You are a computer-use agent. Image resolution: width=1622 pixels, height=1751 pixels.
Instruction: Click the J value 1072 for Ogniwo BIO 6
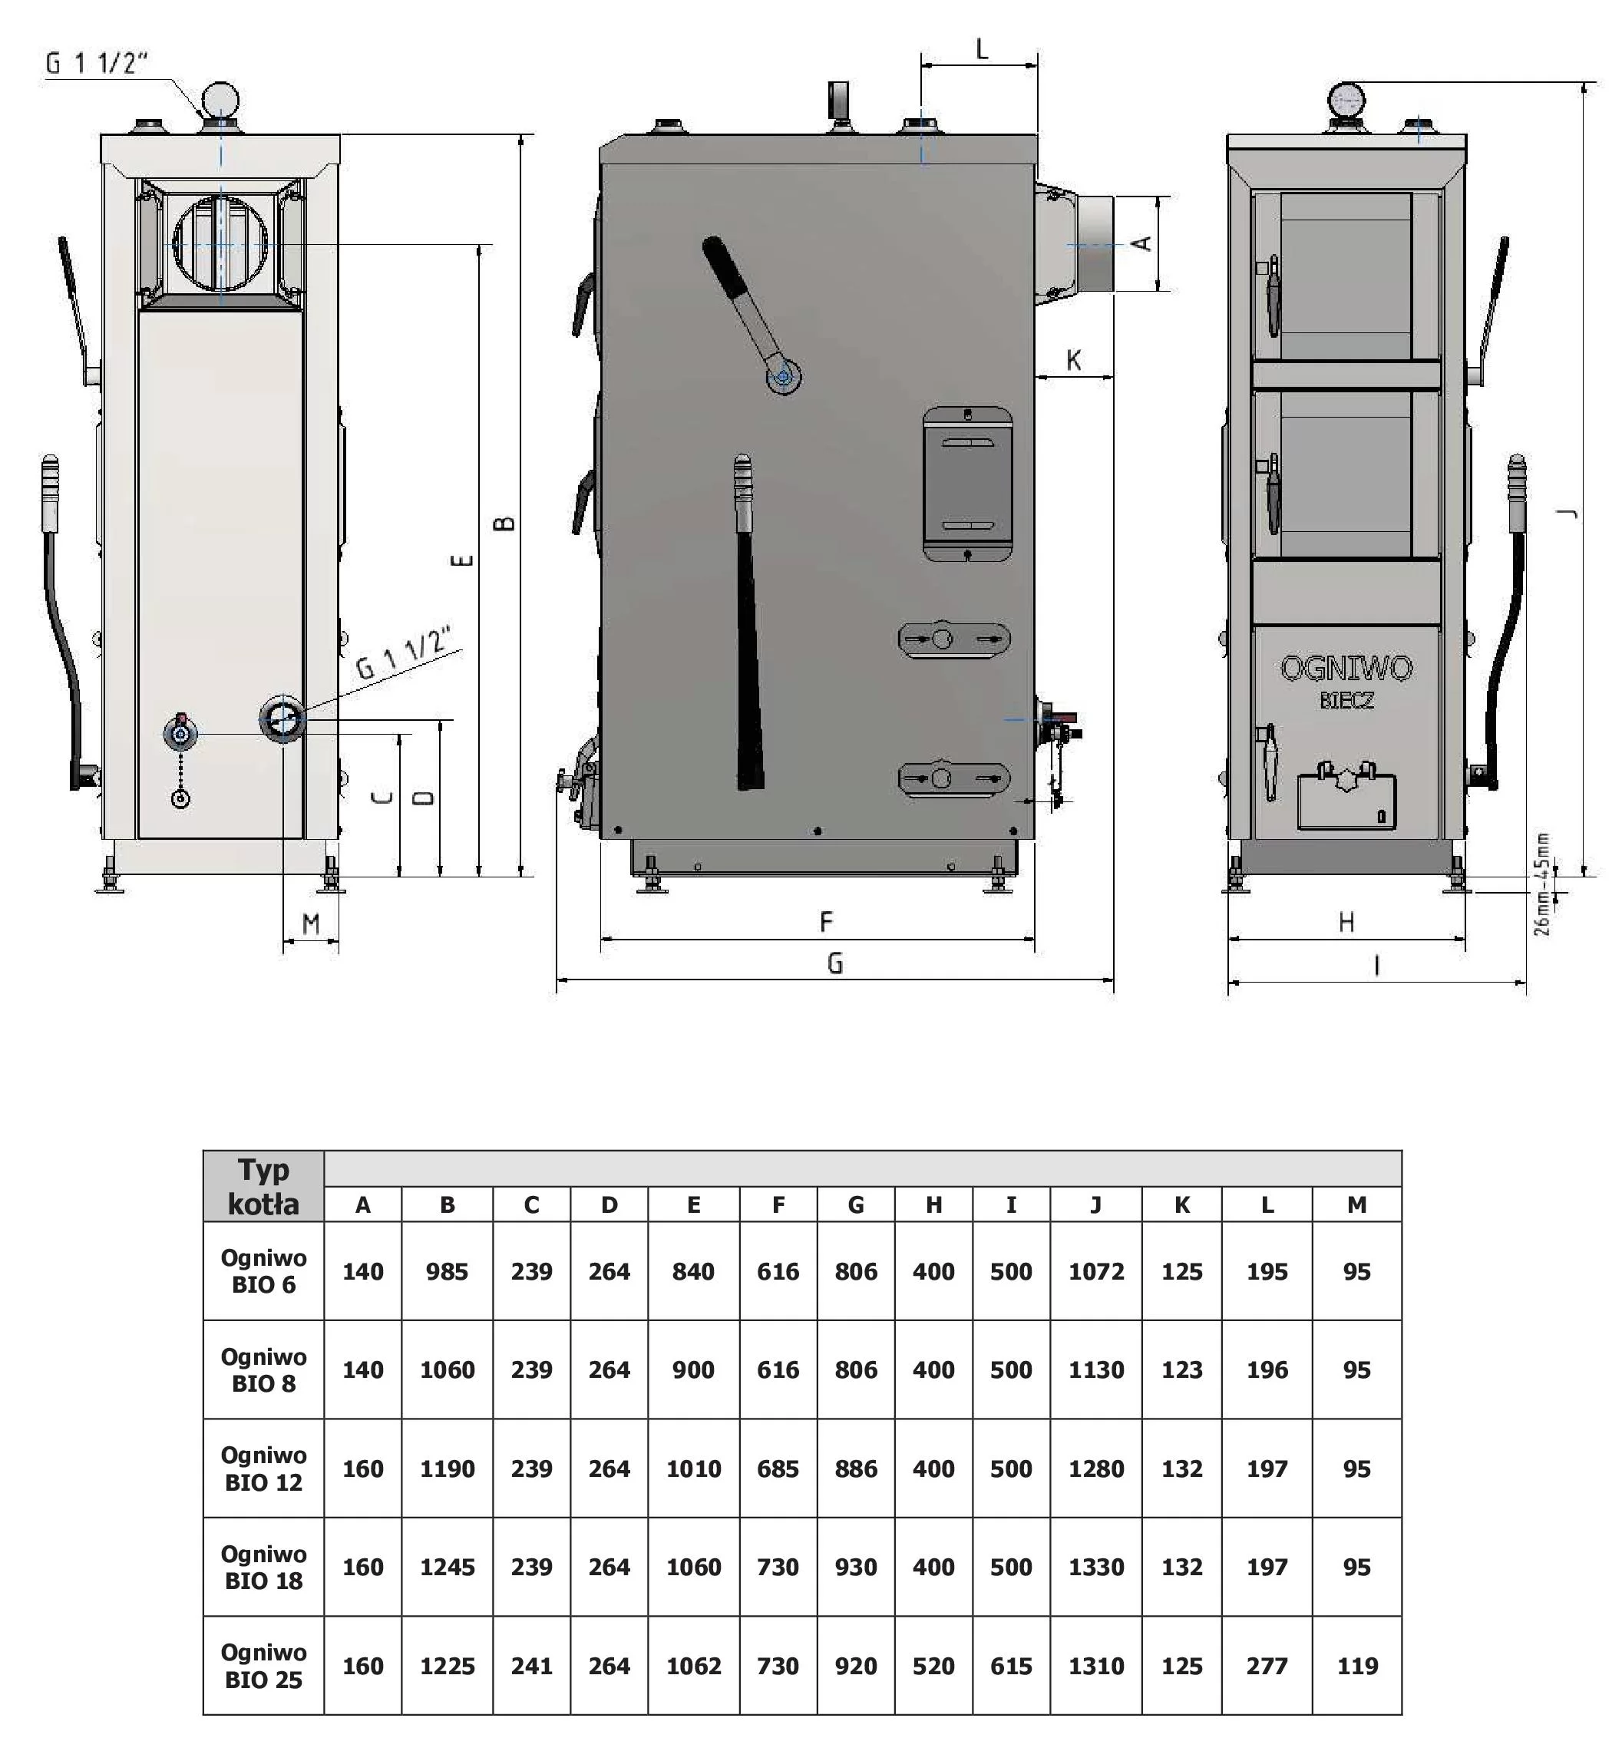[1096, 1272]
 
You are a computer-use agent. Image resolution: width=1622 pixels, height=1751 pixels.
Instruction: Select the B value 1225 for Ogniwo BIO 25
[447, 1666]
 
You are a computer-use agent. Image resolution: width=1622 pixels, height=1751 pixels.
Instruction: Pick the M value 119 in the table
[1357, 1666]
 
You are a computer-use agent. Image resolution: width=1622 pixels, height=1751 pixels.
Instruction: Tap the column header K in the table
[1181, 1205]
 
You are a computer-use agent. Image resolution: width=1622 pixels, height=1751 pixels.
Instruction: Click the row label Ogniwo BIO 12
[263, 1469]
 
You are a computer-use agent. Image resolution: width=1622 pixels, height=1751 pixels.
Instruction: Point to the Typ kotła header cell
[263, 1187]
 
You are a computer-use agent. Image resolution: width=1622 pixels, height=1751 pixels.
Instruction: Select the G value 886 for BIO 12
[856, 1469]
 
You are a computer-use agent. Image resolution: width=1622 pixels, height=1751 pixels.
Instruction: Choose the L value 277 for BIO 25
[1267, 1666]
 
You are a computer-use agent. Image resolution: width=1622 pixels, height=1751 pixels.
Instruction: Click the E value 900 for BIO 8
[693, 1370]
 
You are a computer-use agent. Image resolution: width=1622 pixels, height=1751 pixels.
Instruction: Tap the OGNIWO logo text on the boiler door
[1346, 669]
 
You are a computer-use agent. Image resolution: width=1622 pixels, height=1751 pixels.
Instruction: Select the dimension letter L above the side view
[982, 49]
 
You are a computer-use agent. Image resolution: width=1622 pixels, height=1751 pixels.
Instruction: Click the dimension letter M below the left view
[311, 923]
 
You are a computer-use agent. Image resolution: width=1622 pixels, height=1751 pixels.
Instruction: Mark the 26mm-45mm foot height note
[1542, 884]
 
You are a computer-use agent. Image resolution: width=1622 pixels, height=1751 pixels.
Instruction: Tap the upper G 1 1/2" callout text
[97, 64]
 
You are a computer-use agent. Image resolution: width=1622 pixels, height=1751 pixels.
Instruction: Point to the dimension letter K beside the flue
[1073, 360]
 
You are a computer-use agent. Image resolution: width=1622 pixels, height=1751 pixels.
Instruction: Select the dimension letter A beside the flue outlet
[1143, 243]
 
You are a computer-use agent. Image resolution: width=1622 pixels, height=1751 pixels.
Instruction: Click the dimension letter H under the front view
[1346, 922]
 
